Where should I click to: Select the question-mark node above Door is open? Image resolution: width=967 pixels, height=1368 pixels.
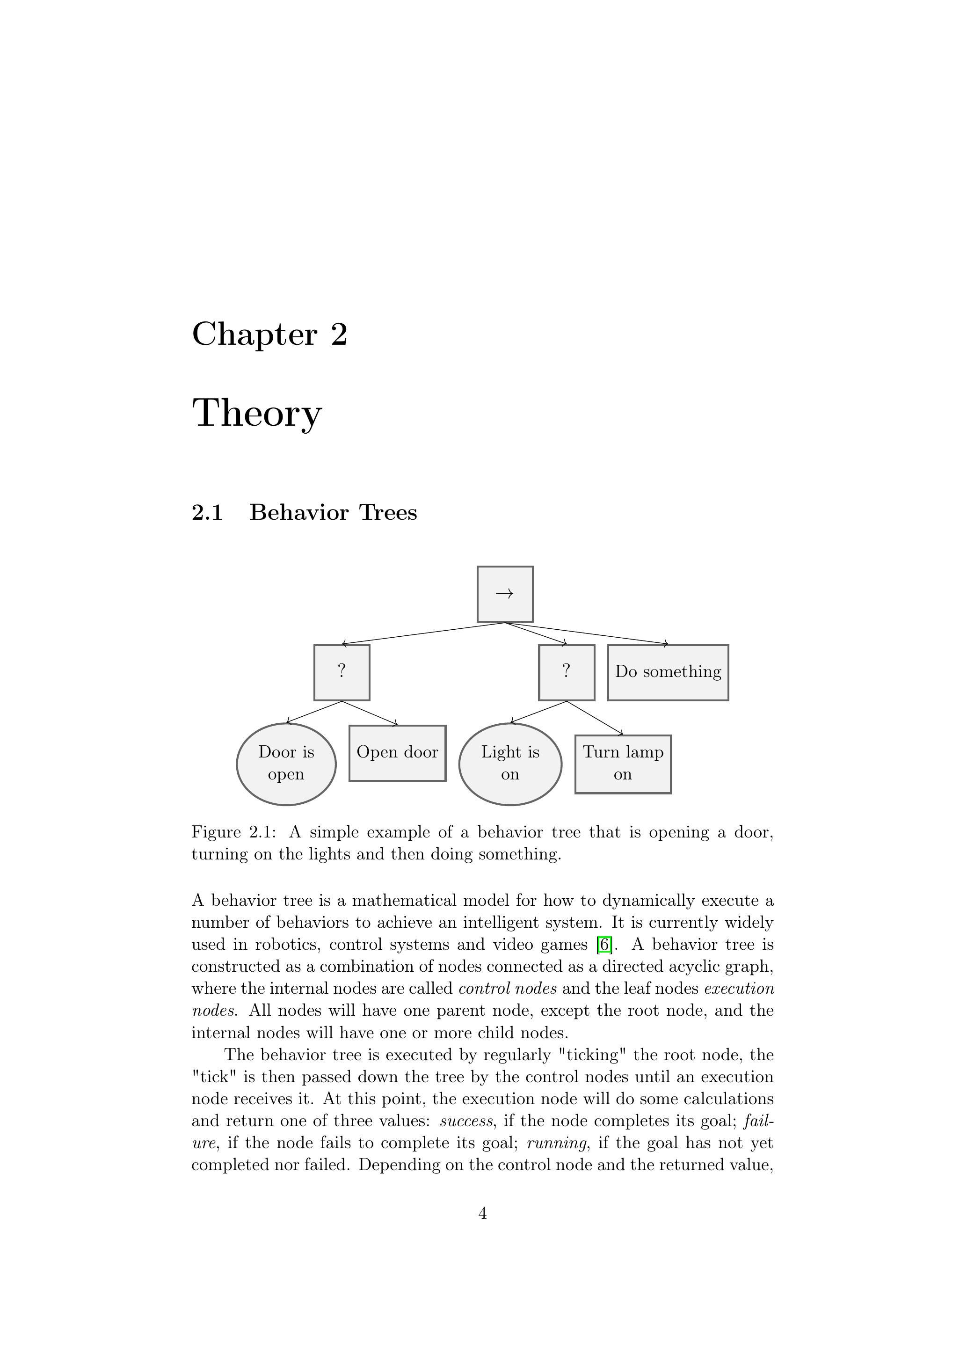(342, 672)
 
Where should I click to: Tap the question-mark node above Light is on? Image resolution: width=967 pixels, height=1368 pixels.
(566, 672)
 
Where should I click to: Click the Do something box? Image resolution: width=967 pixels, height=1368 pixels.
(668, 672)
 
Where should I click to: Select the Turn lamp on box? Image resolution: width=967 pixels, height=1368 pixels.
(623, 764)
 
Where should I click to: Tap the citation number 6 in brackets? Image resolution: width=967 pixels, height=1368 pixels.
(604, 945)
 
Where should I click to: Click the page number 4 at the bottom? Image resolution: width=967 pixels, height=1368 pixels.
(483, 1213)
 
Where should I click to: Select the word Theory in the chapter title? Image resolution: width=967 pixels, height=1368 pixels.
(257, 413)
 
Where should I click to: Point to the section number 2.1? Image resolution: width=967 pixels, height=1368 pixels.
(207, 512)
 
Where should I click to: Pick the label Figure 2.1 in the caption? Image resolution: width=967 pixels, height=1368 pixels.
(233, 832)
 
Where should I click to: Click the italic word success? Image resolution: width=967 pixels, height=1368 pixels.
(466, 1121)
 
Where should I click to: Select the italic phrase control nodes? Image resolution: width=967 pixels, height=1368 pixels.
(508, 989)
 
